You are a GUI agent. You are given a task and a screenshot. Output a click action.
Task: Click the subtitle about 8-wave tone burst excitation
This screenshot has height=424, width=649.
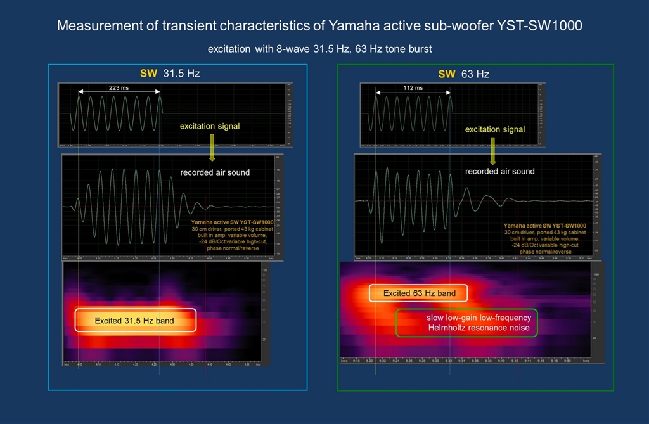tap(320, 49)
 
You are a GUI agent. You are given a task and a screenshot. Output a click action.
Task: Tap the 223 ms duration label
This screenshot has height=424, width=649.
tap(119, 88)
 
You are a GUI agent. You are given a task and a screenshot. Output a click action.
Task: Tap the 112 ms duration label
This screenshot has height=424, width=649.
tap(413, 88)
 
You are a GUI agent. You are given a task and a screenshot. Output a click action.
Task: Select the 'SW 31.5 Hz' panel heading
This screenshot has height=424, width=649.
tap(170, 74)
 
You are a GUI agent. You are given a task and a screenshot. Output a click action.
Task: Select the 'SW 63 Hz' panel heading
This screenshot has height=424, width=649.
tap(463, 74)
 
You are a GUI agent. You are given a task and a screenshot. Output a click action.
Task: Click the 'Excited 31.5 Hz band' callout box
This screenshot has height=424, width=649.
tap(135, 321)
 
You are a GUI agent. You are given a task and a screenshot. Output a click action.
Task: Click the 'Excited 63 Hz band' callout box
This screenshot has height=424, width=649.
tap(418, 293)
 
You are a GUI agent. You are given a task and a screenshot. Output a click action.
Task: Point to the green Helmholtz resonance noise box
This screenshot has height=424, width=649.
tap(466, 322)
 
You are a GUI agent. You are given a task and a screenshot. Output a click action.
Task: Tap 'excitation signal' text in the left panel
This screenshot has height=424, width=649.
tap(210, 127)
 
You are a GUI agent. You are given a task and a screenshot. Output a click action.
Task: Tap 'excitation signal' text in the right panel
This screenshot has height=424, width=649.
tap(495, 129)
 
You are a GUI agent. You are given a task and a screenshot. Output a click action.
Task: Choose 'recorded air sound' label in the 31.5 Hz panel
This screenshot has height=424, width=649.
tap(215, 172)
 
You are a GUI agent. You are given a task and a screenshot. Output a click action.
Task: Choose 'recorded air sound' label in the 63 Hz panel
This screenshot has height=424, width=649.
tap(500, 172)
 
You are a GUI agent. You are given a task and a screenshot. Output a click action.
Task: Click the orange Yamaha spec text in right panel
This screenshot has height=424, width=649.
tap(544, 238)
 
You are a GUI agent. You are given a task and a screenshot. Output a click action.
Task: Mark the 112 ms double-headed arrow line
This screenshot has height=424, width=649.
tap(413, 94)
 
